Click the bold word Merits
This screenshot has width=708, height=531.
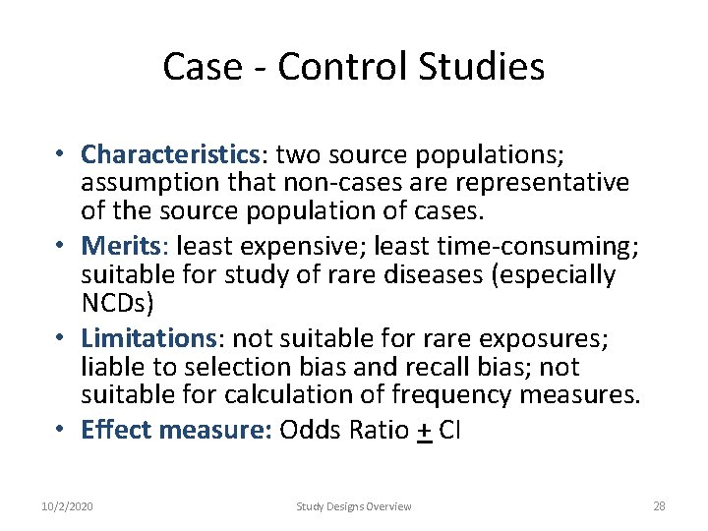(114, 246)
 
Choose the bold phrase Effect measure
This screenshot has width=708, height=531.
(176, 430)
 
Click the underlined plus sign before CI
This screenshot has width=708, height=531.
(425, 432)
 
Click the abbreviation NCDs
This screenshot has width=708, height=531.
(112, 303)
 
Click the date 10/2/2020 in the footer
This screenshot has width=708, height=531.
(68, 506)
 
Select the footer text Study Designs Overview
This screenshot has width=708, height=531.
(354, 506)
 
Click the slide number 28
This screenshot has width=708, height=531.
(659, 506)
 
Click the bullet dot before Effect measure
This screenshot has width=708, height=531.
(61, 431)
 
